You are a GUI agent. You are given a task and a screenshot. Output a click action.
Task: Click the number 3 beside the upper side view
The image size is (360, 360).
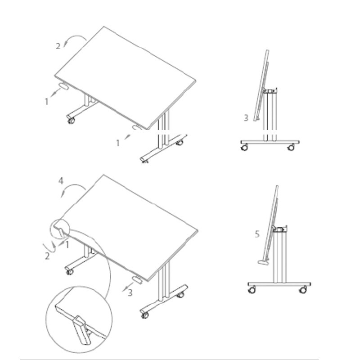(x=246, y=118)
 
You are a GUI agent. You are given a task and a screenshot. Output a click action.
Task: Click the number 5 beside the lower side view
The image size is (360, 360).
(x=257, y=234)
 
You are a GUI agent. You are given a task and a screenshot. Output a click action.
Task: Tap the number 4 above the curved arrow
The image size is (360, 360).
(x=61, y=181)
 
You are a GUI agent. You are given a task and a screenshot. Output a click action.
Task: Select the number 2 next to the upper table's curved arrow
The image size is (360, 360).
(x=58, y=46)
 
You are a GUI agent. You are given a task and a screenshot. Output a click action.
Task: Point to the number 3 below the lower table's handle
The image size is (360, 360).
(x=130, y=293)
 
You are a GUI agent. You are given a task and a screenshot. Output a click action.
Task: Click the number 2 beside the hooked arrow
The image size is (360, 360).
(x=47, y=256)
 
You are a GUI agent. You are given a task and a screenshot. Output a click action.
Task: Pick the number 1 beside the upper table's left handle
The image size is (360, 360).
(x=47, y=102)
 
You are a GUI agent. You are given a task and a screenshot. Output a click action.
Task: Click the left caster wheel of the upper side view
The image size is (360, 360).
(x=244, y=148)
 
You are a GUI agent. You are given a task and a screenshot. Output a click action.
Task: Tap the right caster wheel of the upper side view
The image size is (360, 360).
(x=291, y=148)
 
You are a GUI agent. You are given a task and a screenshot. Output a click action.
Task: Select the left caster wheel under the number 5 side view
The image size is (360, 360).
(x=252, y=290)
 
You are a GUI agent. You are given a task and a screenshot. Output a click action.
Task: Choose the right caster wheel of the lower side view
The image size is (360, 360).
(x=303, y=290)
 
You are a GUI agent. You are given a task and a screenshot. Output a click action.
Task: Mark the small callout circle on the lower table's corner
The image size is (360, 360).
(x=59, y=229)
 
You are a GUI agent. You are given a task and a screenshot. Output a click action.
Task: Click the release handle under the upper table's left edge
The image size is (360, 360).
(x=63, y=86)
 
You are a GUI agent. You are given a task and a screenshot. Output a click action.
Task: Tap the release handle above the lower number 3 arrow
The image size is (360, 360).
(x=137, y=280)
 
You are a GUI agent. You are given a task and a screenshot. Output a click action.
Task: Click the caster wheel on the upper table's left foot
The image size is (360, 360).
(x=71, y=120)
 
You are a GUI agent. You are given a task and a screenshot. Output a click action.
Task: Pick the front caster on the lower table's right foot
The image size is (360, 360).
(x=144, y=315)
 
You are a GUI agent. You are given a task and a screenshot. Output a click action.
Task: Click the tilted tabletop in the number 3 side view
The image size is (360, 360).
(x=261, y=85)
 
